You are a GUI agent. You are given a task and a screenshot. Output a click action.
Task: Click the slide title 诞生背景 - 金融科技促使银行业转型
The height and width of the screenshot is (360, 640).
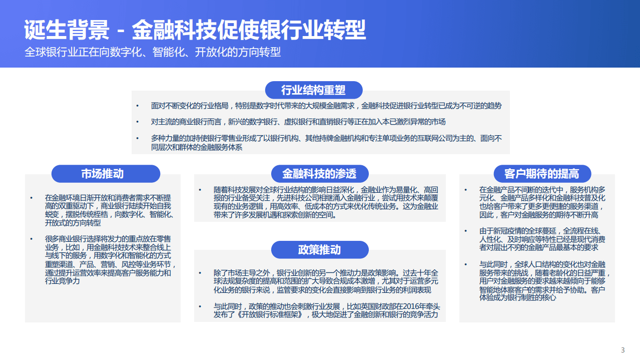click(x=195, y=30)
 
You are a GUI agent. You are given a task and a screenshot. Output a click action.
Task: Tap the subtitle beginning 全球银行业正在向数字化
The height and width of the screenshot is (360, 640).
click(x=153, y=52)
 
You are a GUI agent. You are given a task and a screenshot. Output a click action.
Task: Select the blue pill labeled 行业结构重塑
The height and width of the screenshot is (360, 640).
click(x=313, y=90)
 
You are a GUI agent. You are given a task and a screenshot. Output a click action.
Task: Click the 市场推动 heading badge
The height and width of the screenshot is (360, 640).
click(x=106, y=174)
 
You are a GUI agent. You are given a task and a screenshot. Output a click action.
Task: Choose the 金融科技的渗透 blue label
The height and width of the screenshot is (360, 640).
click(x=319, y=174)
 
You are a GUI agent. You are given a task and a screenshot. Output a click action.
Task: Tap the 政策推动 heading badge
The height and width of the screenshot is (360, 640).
click(x=319, y=250)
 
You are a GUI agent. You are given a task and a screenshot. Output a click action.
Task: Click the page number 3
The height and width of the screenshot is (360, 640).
click(x=622, y=350)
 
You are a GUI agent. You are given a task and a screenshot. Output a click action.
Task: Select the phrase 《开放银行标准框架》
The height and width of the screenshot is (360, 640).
click(x=270, y=314)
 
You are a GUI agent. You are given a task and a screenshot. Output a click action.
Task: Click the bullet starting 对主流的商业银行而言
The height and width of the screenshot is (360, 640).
click(x=298, y=122)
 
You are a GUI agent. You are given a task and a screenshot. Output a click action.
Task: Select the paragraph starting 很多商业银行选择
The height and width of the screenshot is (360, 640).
click(x=108, y=260)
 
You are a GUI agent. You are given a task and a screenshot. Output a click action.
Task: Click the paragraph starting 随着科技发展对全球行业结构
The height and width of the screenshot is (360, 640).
click(x=326, y=202)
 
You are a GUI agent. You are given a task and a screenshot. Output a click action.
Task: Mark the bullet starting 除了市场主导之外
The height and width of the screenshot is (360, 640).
click(x=326, y=281)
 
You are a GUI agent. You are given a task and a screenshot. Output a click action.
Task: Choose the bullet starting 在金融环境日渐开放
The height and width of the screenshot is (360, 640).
click(x=108, y=210)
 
